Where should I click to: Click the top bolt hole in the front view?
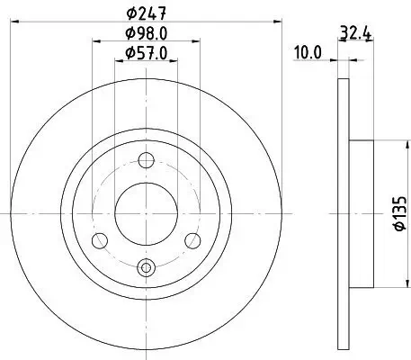coord(147,160)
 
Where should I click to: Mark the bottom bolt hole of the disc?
coord(147,265)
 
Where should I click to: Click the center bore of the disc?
coord(147,212)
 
